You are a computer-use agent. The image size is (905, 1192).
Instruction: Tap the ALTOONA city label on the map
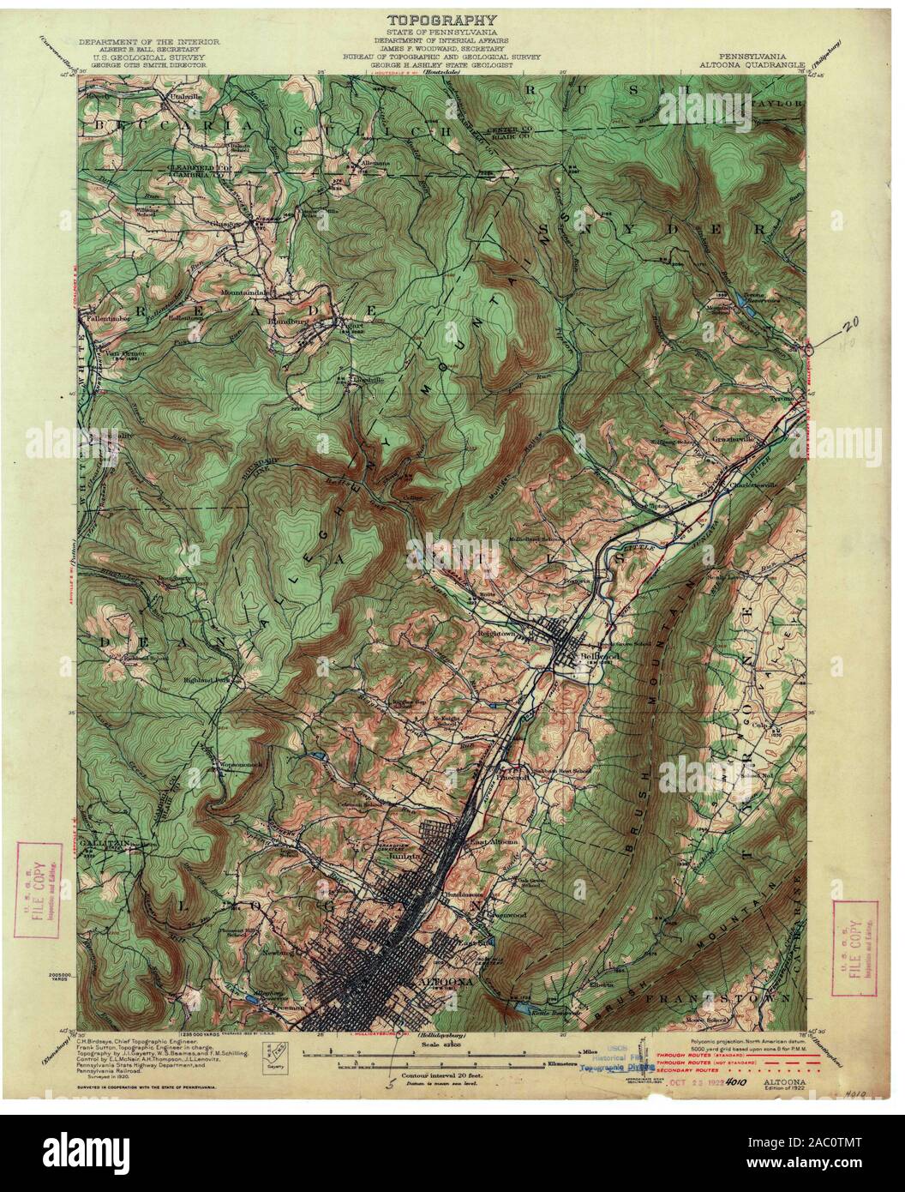coord(440,981)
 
